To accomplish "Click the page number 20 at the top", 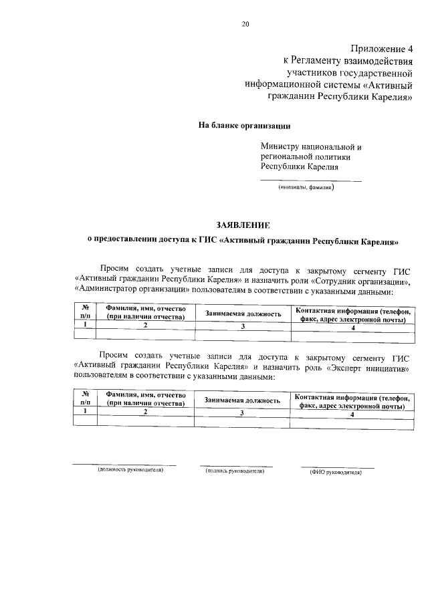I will coord(245,25).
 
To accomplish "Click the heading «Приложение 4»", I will coord(381,48).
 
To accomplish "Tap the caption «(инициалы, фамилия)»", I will coord(306,188).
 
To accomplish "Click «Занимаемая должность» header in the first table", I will coord(243,313).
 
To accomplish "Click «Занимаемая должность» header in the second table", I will coord(243,400).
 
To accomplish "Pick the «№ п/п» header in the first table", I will coord(86,312).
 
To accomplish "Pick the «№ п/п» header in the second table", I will coord(86,399).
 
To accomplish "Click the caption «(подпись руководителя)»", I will coord(235,471).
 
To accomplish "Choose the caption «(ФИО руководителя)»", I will coord(336,471).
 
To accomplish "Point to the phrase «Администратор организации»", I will coord(125,291).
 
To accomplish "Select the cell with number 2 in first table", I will coord(145,325).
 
